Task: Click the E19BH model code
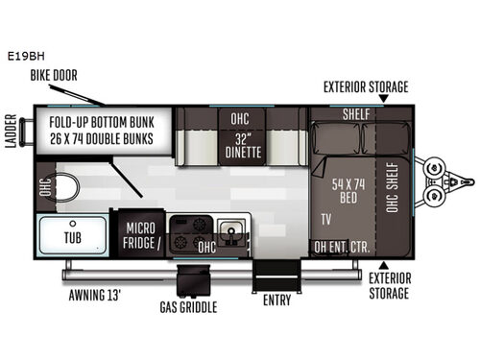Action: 21,56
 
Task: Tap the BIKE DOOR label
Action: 54,75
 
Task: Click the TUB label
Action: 71,237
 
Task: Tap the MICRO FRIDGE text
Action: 141,235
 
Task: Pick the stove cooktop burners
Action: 187,228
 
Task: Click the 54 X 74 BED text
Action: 344,190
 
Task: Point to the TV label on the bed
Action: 327,220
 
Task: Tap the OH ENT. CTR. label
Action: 343,246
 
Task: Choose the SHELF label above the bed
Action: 356,114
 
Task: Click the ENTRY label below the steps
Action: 276,300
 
